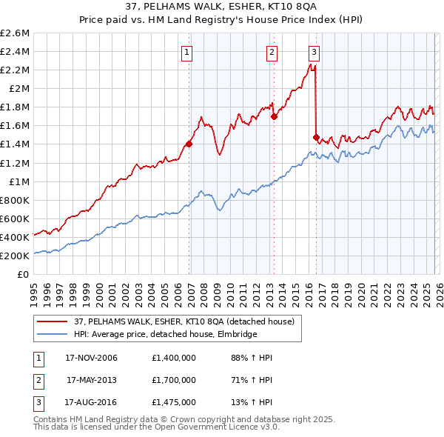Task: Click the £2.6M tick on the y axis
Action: (15, 33)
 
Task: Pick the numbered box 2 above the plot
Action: (272, 52)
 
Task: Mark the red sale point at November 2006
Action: (189, 144)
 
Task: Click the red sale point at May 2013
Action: (274, 116)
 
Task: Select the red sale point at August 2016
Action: (317, 137)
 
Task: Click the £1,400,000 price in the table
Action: (173, 358)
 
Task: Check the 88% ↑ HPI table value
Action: (252, 358)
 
